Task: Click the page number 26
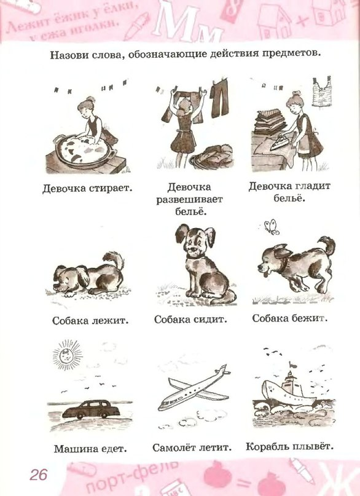pyautogui.click(x=38, y=474)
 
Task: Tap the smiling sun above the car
pyautogui.click(x=67, y=355)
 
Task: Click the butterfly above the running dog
pyautogui.click(x=271, y=227)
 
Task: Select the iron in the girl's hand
pyautogui.click(x=280, y=143)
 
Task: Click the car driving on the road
pyautogui.click(x=91, y=409)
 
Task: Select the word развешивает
pyautogui.click(x=190, y=200)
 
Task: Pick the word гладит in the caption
pyautogui.click(x=312, y=186)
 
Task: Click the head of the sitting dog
pyautogui.click(x=195, y=241)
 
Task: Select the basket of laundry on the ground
pyautogui.click(x=212, y=158)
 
